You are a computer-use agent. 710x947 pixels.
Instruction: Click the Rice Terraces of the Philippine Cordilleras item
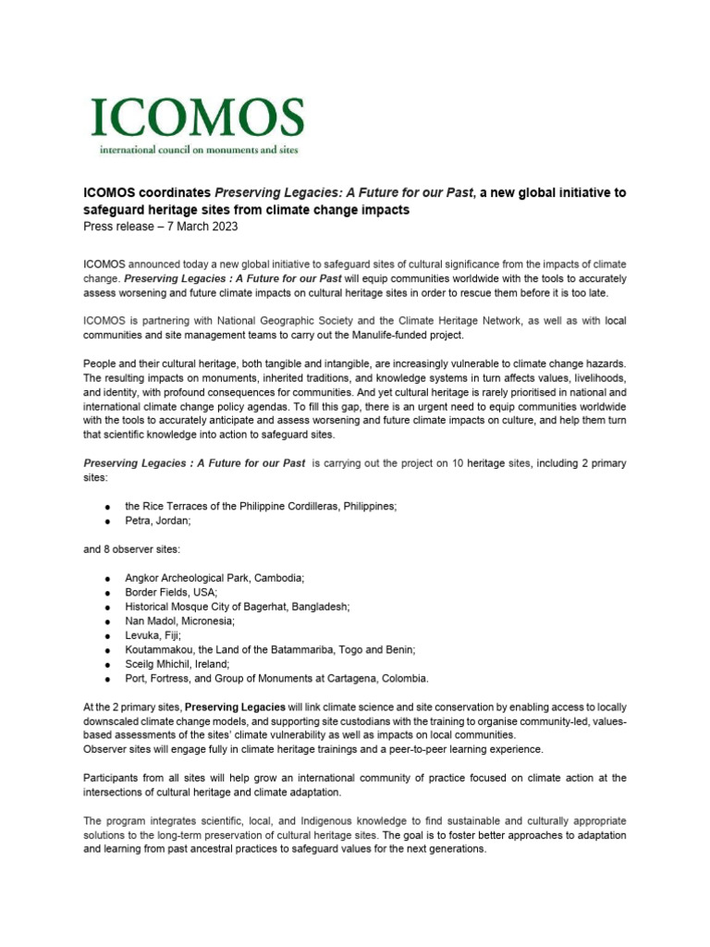pyautogui.click(x=262, y=507)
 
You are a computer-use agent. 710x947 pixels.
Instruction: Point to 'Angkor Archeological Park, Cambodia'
pyautogui.click(x=214, y=578)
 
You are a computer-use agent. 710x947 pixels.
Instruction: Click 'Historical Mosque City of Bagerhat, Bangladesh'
pyautogui.click(x=237, y=607)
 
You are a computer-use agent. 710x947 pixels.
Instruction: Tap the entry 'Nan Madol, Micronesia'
pyautogui.click(x=180, y=621)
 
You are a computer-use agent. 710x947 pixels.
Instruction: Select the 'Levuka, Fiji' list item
pyautogui.click(x=153, y=635)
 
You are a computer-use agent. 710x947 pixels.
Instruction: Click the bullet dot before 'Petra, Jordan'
pyautogui.click(x=109, y=523)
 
